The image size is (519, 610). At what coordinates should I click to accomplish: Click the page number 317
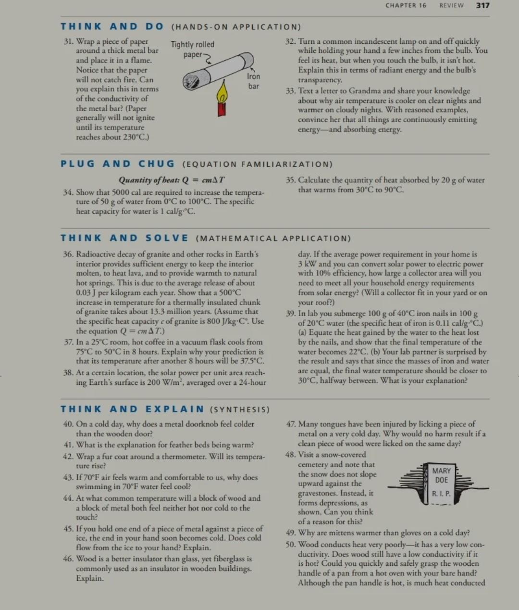(482, 5)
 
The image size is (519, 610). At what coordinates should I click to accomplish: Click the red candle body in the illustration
(222, 108)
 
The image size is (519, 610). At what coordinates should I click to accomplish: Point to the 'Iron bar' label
(253, 81)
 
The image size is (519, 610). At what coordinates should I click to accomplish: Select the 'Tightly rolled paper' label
(192, 49)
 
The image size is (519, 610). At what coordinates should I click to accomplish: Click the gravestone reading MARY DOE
(441, 482)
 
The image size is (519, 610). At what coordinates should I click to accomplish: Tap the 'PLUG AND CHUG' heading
(118, 164)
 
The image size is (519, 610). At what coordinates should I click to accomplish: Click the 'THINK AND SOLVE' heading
(124, 238)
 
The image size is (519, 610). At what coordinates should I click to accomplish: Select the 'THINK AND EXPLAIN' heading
(132, 409)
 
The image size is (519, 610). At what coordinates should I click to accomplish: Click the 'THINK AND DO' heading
(112, 27)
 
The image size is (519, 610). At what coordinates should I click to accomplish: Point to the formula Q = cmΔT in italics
(172, 180)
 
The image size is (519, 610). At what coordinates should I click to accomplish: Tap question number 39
(290, 314)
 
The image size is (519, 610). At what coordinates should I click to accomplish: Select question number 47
(291, 424)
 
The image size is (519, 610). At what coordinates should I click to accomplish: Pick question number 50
(291, 545)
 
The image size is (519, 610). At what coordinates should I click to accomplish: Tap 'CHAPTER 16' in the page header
(406, 5)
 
